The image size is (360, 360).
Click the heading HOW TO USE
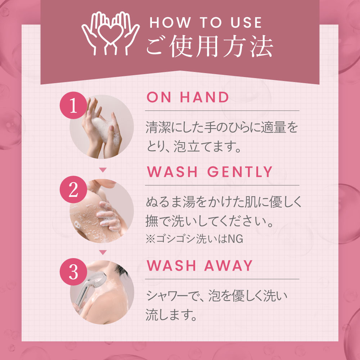pos(206,22)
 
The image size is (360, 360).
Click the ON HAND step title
pos(188,98)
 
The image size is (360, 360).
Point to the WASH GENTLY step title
pos(210,172)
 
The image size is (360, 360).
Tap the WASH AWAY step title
pos(200,266)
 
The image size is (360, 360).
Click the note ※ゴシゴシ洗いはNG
pos(194,239)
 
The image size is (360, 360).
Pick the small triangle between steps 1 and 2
pos(103,170)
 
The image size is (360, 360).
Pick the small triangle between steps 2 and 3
pos(103,252)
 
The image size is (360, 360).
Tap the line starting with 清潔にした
pos(222,129)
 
